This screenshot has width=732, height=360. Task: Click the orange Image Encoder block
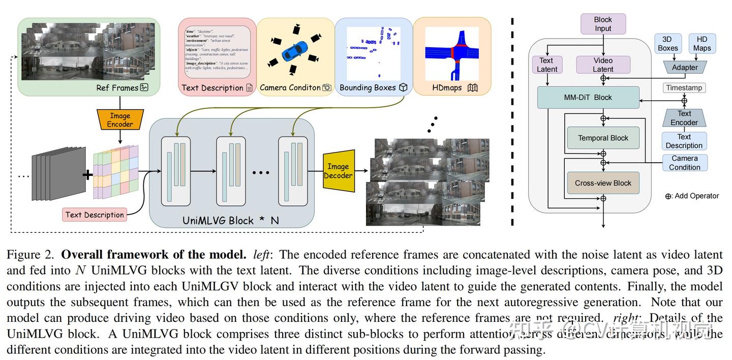pyautogui.click(x=120, y=119)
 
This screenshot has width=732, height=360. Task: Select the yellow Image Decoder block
pyautogui.click(x=338, y=171)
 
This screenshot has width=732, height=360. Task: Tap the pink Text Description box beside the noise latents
pyautogui.click(x=95, y=215)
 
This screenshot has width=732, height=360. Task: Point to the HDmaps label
pyautogui.click(x=447, y=87)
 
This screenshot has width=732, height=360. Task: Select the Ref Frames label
pyautogui.click(x=117, y=87)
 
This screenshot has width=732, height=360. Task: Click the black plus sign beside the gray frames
pyautogui.click(x=87, y=175)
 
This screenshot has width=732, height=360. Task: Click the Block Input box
pyautogui.click(x=603, y=24)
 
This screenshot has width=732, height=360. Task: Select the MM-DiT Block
pyautogui.click(x=588, y=97)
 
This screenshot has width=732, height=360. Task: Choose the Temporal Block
pyautogui.click(x=603, y=138)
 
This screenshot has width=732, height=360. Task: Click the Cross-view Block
pyautogui.click(x=603, y=183)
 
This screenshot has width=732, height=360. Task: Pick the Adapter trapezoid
pyautogui.click(x=685, y=67)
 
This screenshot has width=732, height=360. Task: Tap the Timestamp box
pyautogui.click(x=684, y=87)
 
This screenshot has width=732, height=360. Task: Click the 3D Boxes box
pyautogui.click(x=667, y=44)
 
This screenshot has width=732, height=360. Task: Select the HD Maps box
pyautogui.click(x=702, y=44)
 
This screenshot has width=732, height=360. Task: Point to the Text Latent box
pyautogui.click(x=547, y=65)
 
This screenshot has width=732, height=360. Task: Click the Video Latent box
pyautogui.click(x=603, y=65)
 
